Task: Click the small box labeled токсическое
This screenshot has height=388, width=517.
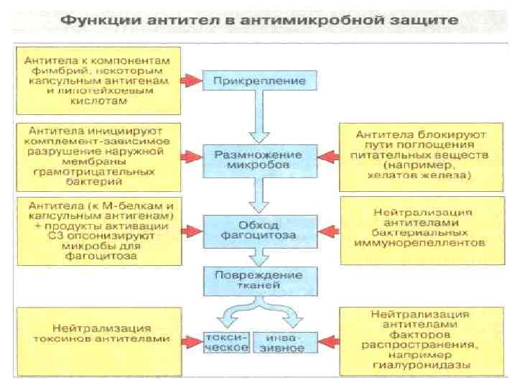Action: [228, 341]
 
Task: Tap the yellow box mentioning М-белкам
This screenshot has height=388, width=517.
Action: [96, 229]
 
